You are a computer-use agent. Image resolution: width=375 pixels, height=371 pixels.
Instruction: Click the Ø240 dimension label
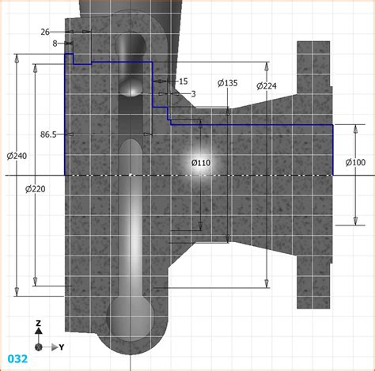point(15,155)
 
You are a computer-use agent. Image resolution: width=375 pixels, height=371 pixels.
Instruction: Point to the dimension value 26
point(46,32)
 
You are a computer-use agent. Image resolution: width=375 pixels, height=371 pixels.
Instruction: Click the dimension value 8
point(55,44)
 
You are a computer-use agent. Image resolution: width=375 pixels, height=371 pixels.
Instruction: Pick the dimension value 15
point(184,81)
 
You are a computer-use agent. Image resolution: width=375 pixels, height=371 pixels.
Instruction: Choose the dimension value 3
point(193,93)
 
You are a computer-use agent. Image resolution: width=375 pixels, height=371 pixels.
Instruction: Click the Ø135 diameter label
point(227,83)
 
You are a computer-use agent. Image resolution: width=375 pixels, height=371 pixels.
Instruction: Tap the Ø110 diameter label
point(201,163)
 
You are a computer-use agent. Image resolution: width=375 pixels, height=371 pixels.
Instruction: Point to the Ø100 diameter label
point(355,163)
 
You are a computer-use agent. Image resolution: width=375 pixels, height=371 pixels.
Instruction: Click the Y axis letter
point(61,346)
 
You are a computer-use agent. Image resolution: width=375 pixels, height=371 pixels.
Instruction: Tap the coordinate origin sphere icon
point(39,346)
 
